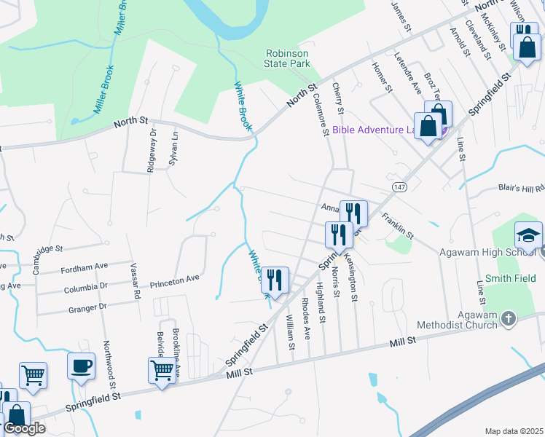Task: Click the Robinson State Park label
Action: tap(287, 58)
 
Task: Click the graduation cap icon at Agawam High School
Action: tap(529, 235)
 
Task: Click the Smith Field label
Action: tap(511, 278)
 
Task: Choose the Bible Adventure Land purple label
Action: tap(372, 130)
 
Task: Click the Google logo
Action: tap(23, 428)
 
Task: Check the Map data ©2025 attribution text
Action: tap(514, 431)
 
